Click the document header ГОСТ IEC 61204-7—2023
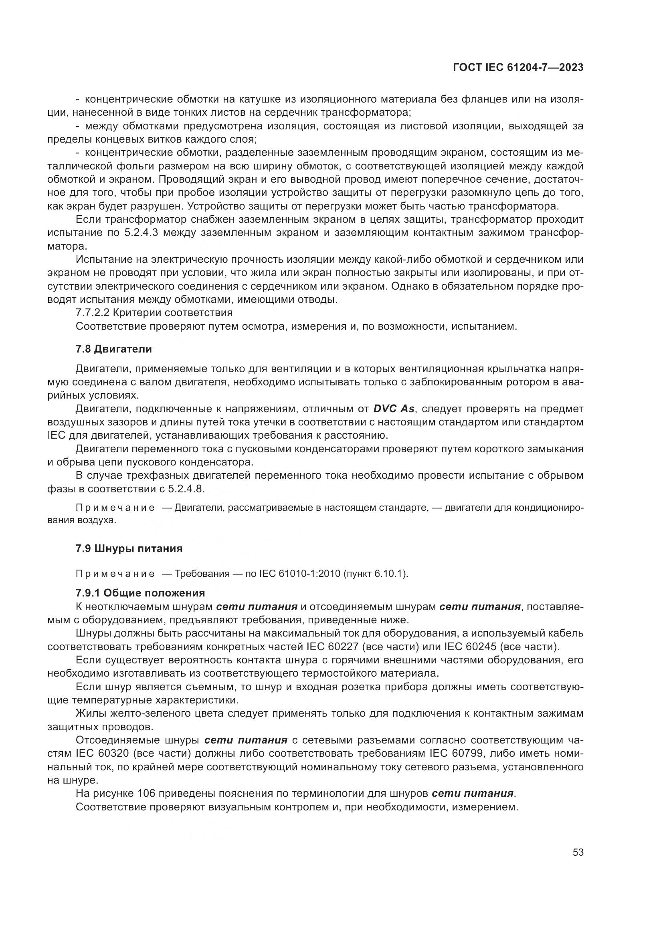pos(518,68)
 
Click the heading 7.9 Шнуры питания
pos(129,548)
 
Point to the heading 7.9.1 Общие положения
pos(140,592)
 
